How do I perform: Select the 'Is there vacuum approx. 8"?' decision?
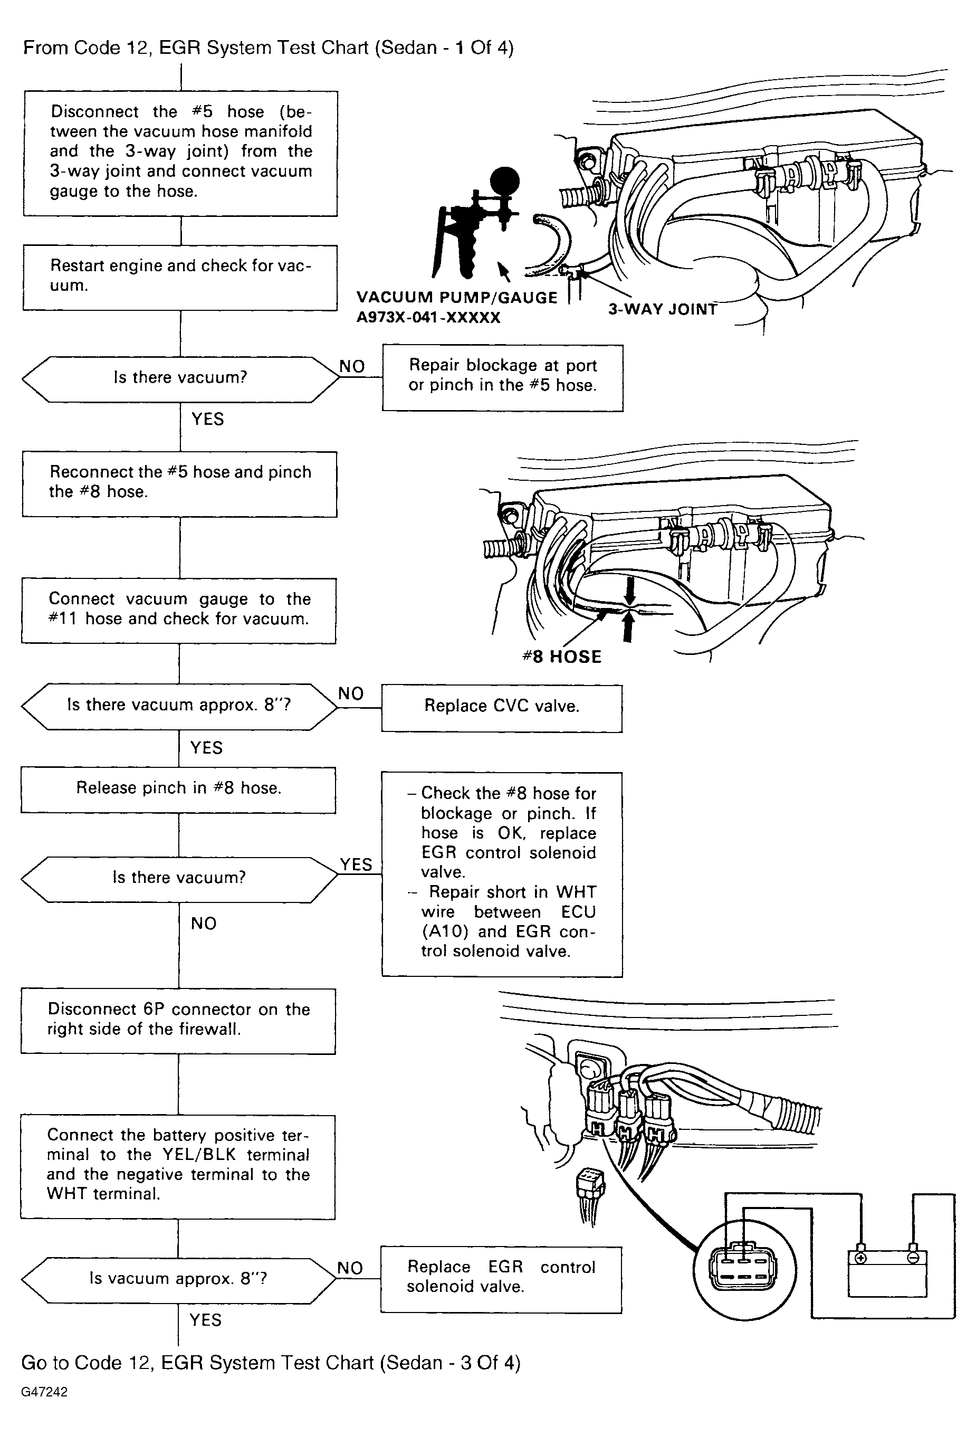click(x=179, y=706)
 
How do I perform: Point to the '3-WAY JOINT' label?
click(x=662, y=309)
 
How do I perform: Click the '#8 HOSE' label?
click(x=561, y=657)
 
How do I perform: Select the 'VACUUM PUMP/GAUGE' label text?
click(x=456, y=298)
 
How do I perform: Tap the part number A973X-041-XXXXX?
click(x=428, y=318)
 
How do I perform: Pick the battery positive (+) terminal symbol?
click(x=860, y=1258)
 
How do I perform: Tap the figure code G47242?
click(x=44, y=1392)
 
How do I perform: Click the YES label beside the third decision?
click(x=356, y=864)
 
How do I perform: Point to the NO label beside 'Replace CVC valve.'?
click(x=350, y=693)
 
